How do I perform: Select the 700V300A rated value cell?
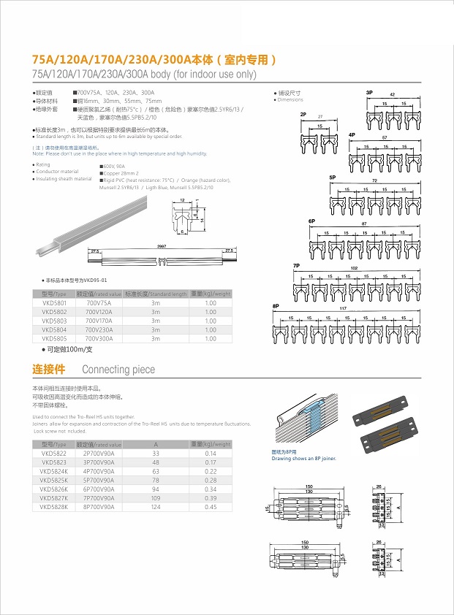(99, 338)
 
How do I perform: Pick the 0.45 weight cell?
(211, 506)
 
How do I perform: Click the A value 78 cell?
(156, 480)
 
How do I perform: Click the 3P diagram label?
(369, 93)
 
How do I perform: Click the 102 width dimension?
(355, 268)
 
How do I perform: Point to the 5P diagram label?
(332, 177)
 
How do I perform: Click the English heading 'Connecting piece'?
(118, 370)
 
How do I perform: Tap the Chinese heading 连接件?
(49, 369)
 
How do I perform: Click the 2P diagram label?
(303, 115)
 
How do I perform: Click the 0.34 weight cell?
(211, 489)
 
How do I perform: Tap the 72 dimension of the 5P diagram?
(375, 180)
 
